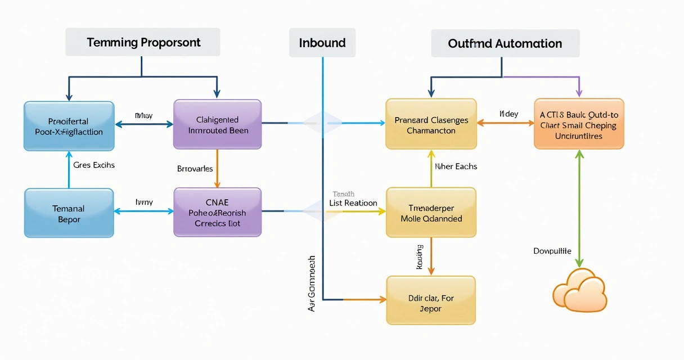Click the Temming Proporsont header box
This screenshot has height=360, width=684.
click(x=142, y=43)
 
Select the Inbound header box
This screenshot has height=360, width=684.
click(x=322, y=43)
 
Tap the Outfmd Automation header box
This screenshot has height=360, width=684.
click(x=505, y=43)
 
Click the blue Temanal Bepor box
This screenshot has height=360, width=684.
click(x=69, y=213)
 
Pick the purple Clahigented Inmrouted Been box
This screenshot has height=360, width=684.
click(x=217, y=124)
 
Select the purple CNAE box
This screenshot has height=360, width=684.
click(x=217, y=212)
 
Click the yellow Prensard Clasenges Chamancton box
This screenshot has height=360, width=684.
click(x=431, y=124)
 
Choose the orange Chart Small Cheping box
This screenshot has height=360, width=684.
click(x=578, y=124)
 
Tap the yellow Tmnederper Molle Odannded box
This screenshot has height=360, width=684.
click(x=431, y=212)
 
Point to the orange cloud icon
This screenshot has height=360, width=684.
click(x=579, y=290)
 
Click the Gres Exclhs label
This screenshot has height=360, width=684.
click(x=94, y=165)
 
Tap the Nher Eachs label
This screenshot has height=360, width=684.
click(x=456, y=166)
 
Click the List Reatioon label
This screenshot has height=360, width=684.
click(x=353, y=202)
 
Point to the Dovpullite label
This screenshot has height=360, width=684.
click(x=552, y=251)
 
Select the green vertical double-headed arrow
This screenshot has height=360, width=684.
click(x=579, y=208)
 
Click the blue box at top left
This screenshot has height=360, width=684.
click(x=69, y=126)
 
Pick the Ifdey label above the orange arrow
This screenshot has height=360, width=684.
click(x=508, y=114)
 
